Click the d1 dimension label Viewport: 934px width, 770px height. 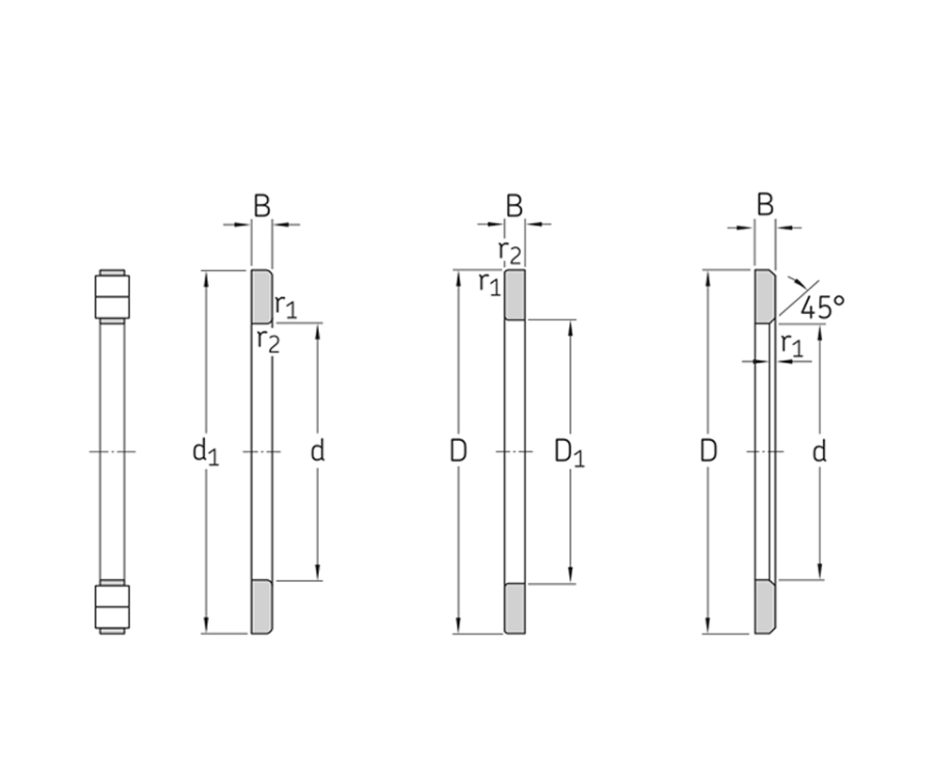[205, 452]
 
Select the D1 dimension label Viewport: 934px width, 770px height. [569, 452]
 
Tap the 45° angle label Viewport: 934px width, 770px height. [822, 307]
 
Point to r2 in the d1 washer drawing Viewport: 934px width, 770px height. [268, 341]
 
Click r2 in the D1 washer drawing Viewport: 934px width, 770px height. [510, 253]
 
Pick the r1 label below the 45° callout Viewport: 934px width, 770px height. [792, 346]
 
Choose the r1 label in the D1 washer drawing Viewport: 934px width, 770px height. [490, 284]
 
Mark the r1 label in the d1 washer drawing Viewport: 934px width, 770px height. [285, 306]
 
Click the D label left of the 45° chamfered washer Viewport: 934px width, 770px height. [707, 451]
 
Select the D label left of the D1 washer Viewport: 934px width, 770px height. [457, 451]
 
